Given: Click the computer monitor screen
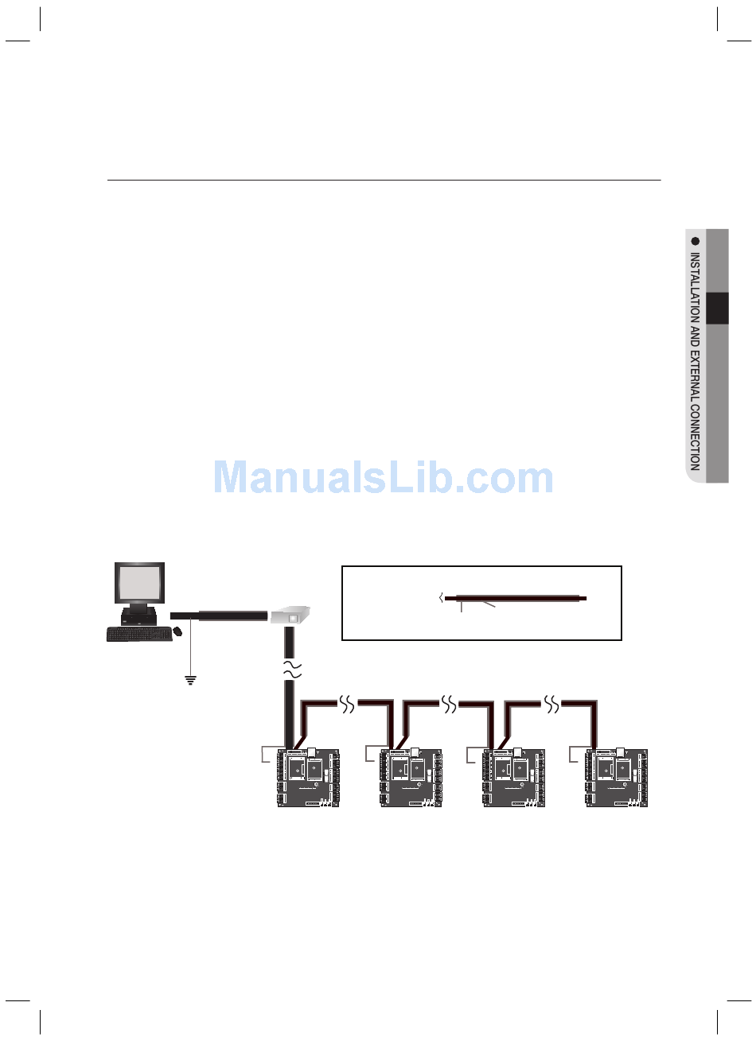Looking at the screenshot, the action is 139,584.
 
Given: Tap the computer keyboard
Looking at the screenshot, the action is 138,633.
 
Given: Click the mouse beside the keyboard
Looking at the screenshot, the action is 177,631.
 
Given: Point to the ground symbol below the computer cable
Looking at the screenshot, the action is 191,680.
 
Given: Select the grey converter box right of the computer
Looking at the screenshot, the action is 290,616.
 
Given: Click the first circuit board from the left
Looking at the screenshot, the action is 309,778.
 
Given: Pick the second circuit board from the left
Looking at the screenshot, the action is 411,778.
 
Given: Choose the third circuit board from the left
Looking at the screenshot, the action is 514,778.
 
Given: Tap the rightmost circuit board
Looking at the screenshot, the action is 617,778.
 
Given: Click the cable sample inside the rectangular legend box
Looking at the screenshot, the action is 516,598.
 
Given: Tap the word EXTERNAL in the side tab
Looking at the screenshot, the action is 696,374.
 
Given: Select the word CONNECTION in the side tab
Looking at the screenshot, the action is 696,436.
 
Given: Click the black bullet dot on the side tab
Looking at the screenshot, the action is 696,241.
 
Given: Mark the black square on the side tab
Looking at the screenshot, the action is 717,309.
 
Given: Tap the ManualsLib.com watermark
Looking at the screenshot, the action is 384,478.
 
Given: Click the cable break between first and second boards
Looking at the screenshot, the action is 348,705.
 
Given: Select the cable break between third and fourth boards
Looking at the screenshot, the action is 551,705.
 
